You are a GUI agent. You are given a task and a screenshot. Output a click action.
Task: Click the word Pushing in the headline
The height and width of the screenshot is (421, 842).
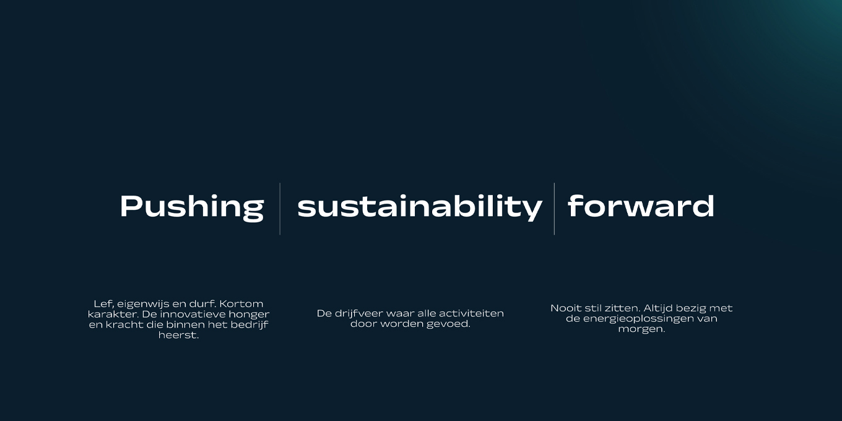click(192, 207)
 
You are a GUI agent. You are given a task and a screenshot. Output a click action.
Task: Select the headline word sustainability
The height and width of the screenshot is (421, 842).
click(420, 207)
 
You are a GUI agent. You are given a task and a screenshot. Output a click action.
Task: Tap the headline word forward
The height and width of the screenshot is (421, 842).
click(641, 206)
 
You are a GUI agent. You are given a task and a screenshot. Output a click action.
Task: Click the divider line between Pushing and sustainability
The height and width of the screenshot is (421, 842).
click(280, 209)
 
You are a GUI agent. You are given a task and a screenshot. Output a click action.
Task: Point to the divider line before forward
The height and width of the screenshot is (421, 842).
click(554, 209)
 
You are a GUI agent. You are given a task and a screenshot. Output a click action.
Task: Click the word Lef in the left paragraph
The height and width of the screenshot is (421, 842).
click(103, 304)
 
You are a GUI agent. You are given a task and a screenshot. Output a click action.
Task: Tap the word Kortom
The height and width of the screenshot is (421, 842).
click(241, 304)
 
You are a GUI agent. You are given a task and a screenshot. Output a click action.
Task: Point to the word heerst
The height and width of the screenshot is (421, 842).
click(178, 336)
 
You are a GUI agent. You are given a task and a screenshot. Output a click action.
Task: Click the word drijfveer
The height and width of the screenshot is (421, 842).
click(358, 314)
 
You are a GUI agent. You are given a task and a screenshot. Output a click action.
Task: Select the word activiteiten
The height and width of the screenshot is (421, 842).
click(471, 313)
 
